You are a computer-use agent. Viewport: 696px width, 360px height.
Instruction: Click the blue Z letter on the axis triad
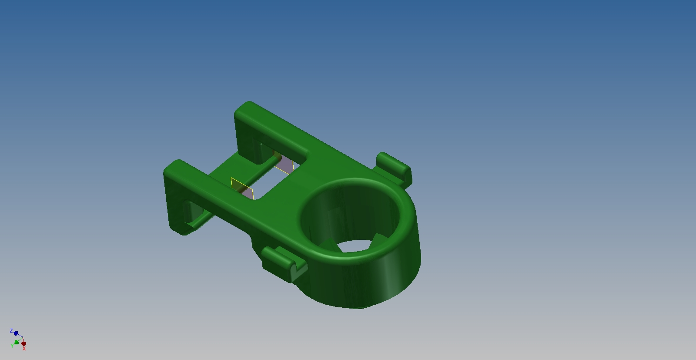point(11,331)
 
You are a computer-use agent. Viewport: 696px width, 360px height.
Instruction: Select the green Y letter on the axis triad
point(12,346)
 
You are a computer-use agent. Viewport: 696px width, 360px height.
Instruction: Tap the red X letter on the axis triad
point(24,349)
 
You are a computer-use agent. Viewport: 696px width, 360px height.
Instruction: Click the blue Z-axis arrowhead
point(16,333)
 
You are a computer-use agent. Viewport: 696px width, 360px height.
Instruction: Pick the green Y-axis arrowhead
point(17,342)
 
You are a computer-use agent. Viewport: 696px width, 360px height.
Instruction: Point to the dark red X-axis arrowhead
point(23,343)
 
